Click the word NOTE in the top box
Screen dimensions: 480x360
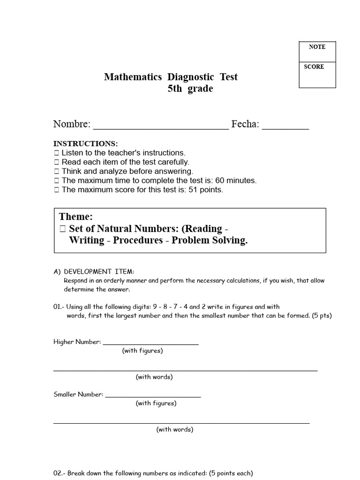[317, 47]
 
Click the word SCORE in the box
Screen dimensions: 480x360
[314, 67]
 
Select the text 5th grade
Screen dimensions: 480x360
[190, 89]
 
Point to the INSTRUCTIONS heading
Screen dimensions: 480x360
[86, 143]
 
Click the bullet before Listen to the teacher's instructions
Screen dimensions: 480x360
[57, 153]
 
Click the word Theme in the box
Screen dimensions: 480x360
[76, 217]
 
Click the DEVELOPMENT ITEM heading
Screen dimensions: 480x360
[99, 271]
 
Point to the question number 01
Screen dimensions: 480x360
[58, 307]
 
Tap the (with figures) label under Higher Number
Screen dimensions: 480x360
[142, 351]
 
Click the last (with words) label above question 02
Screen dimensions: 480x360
[175, 429]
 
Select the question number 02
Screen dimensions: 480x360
[58, 473]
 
